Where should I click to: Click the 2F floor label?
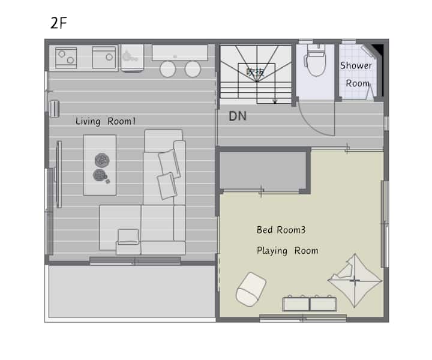tap(59, 23)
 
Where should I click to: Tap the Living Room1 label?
tap(106, 121)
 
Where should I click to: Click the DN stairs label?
tap(238, 116)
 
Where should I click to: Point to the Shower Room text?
tap(356, 74)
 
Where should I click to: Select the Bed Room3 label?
tap(281, 230)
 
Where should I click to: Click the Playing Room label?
tap(287, 251)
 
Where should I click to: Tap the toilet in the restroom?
tap(316, 60)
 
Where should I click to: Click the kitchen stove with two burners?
tap(66, 58)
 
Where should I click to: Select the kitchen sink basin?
tap(104, 57)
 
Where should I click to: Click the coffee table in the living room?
tap(100, 165)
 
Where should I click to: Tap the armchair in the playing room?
tap(251, 289)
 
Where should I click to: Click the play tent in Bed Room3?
tap(355, 281)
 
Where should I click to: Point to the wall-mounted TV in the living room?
tap(59, 174)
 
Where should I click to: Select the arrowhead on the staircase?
tap(275, 101)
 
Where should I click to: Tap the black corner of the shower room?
tap(379, 49)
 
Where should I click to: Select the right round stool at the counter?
tap(193, 69)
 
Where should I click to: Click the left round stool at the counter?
tap(168, 69)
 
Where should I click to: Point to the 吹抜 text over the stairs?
tap(256, 72)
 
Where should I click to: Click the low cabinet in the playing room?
tap(310, 304)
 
